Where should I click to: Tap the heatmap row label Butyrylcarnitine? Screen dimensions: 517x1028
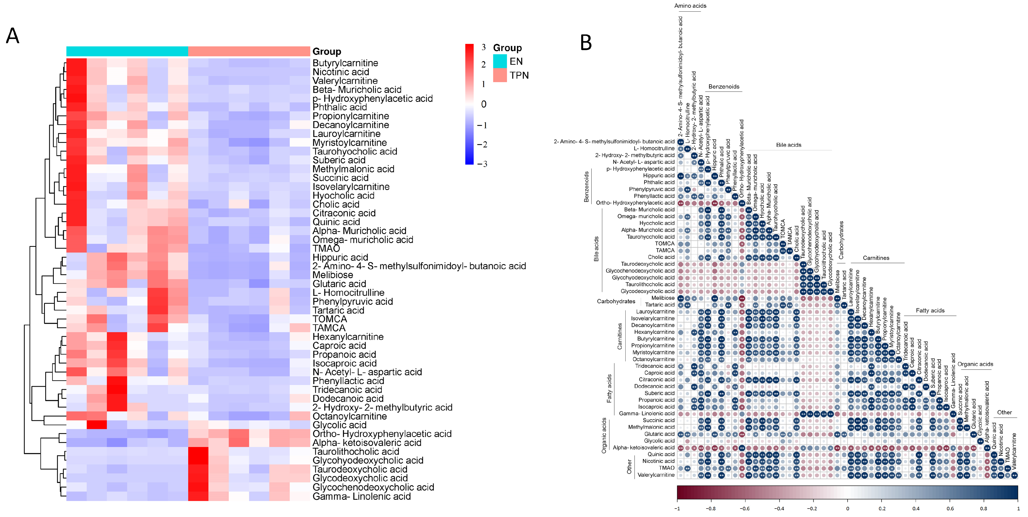[x=345, y=63]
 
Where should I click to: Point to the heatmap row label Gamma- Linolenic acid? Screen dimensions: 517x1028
[x=362, y=496]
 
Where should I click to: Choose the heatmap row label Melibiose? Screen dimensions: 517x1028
[x=333, y=275]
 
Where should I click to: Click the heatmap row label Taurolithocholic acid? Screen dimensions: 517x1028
[x=356, y=452]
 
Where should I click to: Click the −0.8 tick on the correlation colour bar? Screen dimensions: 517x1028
[x=711, y=509]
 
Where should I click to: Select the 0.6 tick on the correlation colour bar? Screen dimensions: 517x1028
[x=950, y=509]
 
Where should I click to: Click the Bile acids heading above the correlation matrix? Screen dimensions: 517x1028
[x=788, y=145]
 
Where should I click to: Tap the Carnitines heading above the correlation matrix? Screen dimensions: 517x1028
[x=876, y=258]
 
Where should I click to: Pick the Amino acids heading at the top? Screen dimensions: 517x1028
[x=690, y=6]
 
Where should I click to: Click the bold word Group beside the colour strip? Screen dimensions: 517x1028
[x=327, y=52]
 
